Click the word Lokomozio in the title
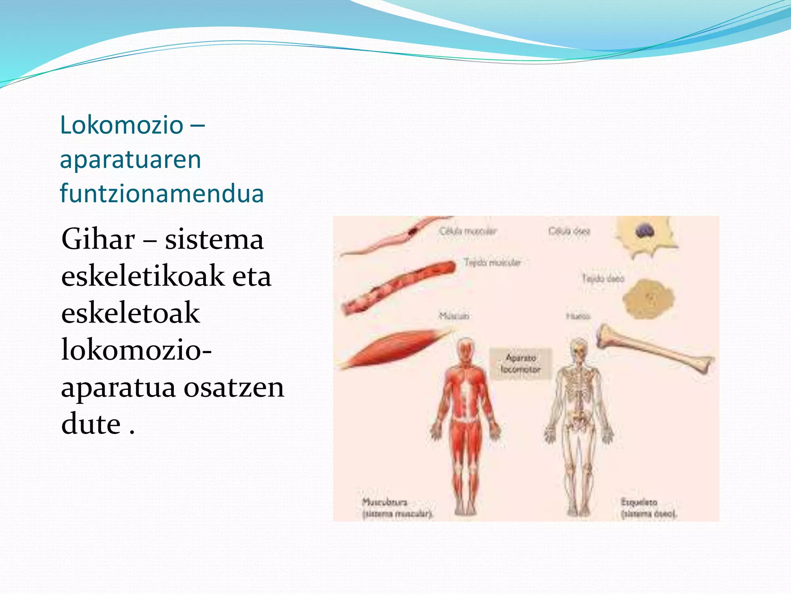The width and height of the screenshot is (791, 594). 122,125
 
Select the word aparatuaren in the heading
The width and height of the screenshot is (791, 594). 131,159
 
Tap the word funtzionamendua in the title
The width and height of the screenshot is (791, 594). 162,193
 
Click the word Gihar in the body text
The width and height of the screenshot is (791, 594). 98,239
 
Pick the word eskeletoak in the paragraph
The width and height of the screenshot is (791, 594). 131,313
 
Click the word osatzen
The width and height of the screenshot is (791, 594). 234,387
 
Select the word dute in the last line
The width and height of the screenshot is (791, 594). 91,424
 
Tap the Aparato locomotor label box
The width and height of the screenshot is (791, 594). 520,364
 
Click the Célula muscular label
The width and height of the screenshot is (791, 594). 467,231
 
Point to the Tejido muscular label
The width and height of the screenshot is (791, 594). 492,263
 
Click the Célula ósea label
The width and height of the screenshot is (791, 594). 569,231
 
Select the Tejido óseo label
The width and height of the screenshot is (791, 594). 603,278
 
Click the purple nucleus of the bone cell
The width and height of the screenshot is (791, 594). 644,231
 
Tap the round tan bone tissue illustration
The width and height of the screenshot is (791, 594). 648,299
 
